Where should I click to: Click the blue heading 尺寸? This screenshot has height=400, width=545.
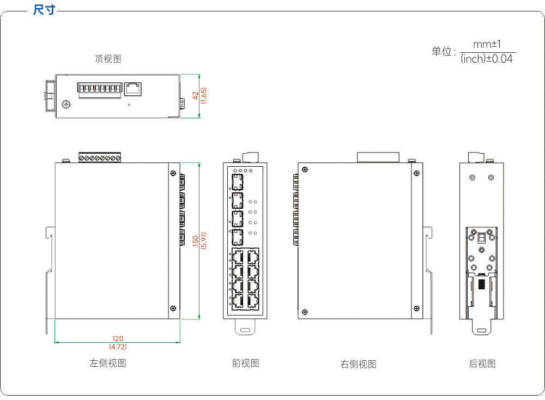[x=44, y=10]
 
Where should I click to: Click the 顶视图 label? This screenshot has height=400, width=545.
[x=108, y=59]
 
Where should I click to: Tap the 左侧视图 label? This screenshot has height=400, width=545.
[x=108, y=363]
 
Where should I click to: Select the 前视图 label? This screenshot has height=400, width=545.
[x=245, y=363]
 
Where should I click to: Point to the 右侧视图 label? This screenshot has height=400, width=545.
[x=359, y=364]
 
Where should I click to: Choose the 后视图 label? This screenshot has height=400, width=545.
[x=482, y=363]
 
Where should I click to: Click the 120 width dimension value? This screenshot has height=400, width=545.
[x=118, y=338]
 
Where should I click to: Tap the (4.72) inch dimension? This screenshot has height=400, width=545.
[x=118, y=347]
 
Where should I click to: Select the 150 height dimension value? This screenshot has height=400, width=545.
[x=195, y=241]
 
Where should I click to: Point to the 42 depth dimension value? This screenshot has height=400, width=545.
[x=195, y=95]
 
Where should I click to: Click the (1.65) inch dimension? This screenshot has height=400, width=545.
[x=204, y=95]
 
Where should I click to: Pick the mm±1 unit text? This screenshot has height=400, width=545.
[x=487, y=44]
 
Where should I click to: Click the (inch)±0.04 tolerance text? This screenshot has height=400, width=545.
[x=487, y=59]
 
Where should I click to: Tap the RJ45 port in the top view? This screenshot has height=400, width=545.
[x=133, y=89]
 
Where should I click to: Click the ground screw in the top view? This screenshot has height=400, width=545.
[x=66, y=104]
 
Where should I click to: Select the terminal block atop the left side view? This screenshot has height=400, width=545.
[x=100, y=157]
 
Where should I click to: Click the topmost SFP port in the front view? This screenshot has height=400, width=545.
[x=238, y=182]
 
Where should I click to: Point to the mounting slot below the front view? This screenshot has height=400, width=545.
[x=245, y=330]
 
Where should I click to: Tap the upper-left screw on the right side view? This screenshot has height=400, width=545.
[x=305, y=169]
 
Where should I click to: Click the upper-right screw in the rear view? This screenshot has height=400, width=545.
[x=491, y=178]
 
